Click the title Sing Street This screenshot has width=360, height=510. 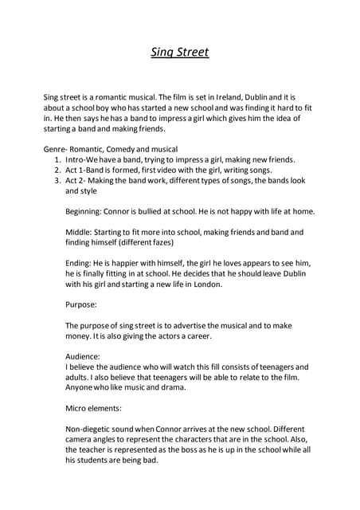pos(180,53)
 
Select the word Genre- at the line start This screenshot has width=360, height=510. pos(57,149)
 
